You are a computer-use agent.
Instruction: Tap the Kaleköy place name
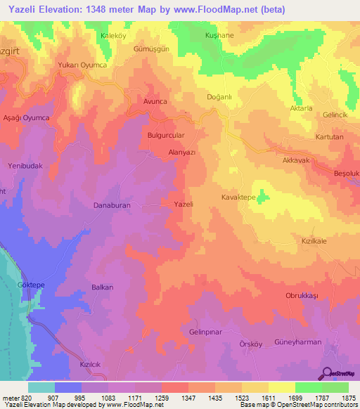point(97,35)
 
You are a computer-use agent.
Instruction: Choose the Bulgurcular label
point(166,135)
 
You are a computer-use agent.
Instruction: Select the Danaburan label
point(113,206)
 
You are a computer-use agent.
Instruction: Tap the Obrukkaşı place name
point(302,296)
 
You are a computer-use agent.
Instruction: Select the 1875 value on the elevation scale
point(348,397)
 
